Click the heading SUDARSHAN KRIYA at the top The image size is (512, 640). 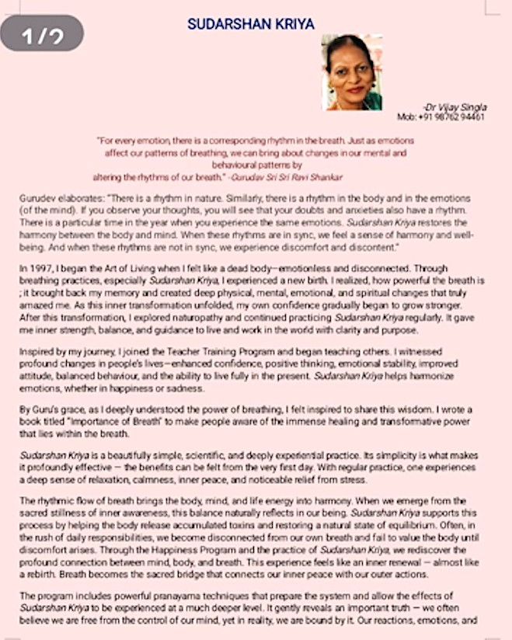pyautogui.click(x=251, y=24)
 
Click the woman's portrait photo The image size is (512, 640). pyautogui.click(x=352, y=71)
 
